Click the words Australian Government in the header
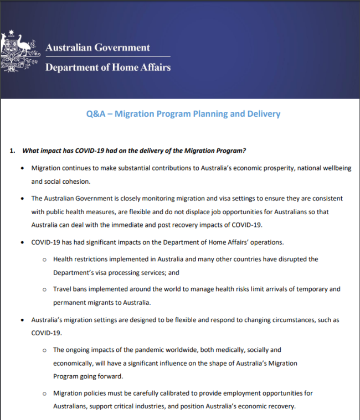coord(97,48)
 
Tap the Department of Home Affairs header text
coord(108,68)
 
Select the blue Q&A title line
coord(183,114)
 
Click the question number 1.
coord(12,151)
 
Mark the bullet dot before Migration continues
coord(22,168)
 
